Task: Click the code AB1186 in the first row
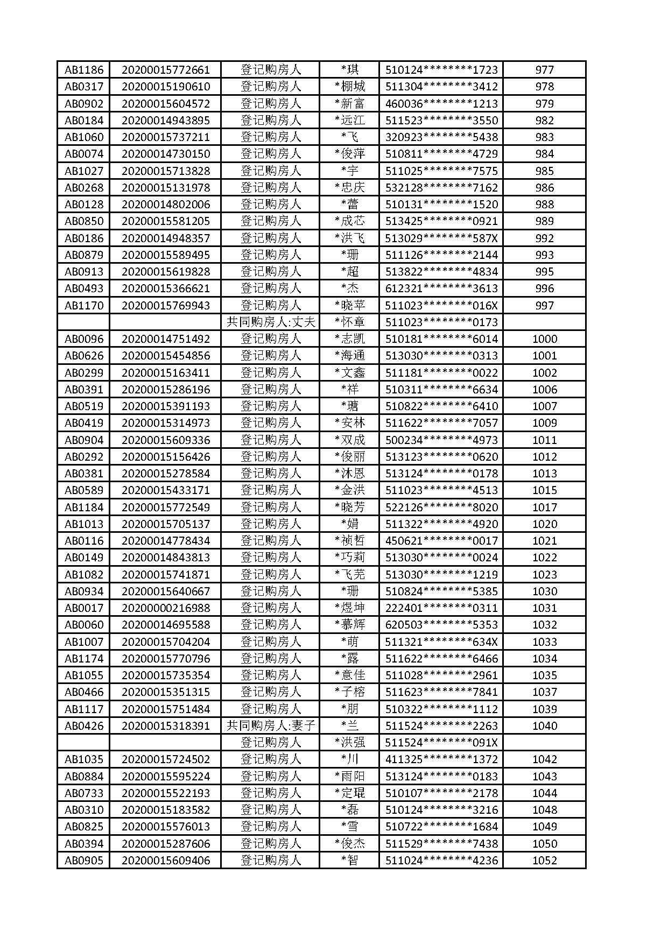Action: coord(83,69)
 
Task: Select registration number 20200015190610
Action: coord(165,87)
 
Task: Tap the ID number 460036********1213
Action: coord(441,103)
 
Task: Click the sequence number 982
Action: coord(544,120)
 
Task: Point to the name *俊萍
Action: coord(349,154)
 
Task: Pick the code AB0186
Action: coord(83,238)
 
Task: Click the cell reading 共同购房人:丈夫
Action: coord(270,322)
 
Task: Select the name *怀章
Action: coord(349,322)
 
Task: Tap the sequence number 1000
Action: coord(544,339)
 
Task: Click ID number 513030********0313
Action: coord(441,356)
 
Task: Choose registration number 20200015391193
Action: coord(165,406)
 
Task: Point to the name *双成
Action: coord(349,440)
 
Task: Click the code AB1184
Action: coord(83,507)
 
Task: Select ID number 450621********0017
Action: coord(441,540)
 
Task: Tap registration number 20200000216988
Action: coord(165,608)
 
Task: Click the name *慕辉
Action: coord(349,625)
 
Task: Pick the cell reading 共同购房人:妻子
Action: coord(270,725)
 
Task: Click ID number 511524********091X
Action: coord(441,742)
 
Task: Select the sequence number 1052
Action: coord(544,860)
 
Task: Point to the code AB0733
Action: coord(83,793)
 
